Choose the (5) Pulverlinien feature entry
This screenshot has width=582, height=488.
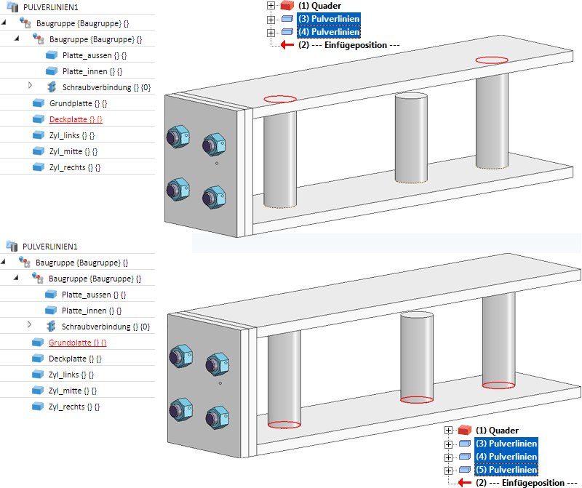click(x=506, y=469)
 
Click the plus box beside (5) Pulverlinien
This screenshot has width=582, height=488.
click(x=448, y=470)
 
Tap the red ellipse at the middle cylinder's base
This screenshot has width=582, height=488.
click(x=418, y=399)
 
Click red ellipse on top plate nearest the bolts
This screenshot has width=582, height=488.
click(x=280, y=98)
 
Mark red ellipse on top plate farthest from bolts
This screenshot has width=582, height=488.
click(x=492, y=59)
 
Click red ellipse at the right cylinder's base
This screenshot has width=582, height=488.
click(x=498, y=385)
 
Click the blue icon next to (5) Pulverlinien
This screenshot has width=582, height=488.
click(x=465, y=470)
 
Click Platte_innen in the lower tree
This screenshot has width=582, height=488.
click(x=87, y=310)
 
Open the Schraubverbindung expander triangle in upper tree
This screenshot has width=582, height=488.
click(x=31, y=87)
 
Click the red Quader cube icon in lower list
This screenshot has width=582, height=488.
click(x=465, y=431)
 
